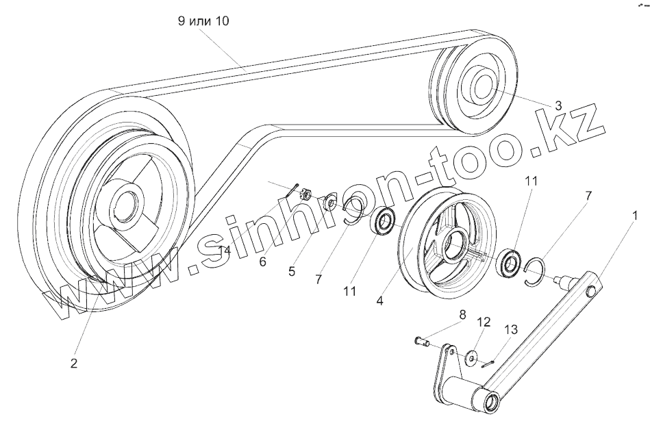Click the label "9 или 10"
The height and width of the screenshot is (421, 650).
point(203,21)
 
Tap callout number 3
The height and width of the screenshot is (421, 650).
point(558,105)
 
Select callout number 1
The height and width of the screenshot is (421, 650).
point(635,216)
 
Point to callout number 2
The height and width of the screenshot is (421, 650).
point(74,363)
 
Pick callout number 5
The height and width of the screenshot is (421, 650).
point(292,271)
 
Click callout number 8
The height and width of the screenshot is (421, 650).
point(462,315)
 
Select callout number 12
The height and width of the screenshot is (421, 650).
point(484,321)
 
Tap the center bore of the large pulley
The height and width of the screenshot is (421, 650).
point(125,203)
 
